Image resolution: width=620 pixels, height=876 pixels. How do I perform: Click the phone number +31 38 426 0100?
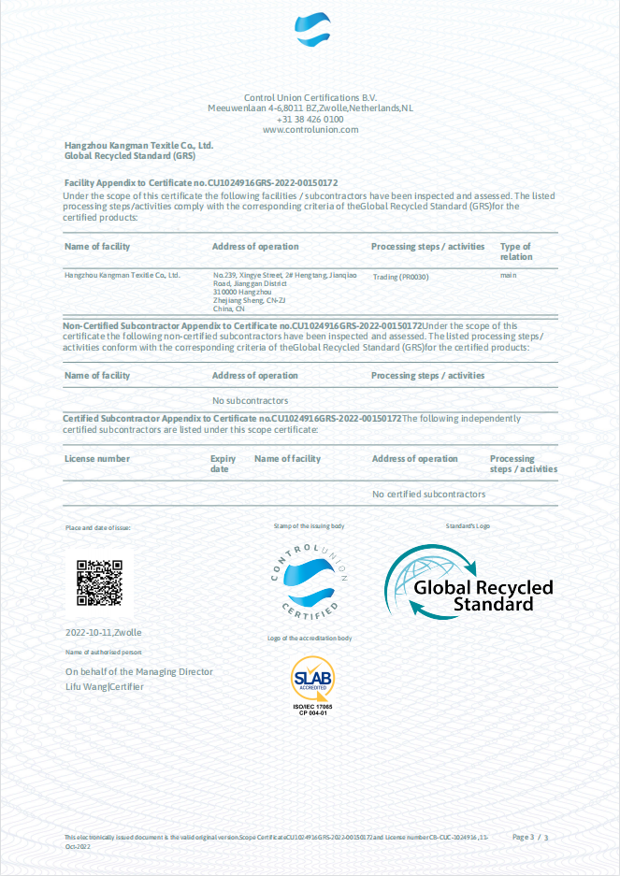click(310, 119)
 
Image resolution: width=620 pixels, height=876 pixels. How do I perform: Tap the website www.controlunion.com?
click(310, 130)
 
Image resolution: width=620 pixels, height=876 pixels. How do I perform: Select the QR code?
click(99, 582)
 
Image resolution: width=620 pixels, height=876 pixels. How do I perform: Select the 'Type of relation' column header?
click(515, 251)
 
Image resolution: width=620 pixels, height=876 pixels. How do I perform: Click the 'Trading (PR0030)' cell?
click(401, 278)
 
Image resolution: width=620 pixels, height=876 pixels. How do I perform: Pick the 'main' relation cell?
click(509, 275)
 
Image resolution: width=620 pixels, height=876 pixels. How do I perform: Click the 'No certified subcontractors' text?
click(428, 494)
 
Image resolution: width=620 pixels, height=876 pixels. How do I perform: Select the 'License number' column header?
click(97, 459)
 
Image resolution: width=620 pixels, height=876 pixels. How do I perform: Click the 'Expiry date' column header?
click(223, 464)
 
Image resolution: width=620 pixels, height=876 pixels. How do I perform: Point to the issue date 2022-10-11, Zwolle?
click(103, 633)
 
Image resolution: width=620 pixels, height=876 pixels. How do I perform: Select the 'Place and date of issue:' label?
click(97, 528)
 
